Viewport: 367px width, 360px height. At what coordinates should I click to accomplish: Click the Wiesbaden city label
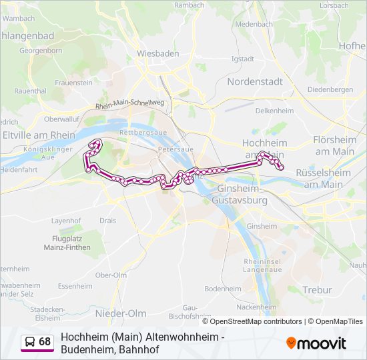158,53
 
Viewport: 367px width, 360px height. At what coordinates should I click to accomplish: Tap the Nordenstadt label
255,81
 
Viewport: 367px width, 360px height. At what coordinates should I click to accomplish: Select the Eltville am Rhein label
39,135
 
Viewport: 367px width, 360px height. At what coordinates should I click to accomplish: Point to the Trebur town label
316,289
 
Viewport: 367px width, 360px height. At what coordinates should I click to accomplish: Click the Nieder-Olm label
120,313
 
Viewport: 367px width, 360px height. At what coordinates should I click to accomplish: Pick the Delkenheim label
275,111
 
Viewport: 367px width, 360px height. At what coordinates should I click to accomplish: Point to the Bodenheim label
223,289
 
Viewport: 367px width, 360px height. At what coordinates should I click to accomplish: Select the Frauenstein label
73,83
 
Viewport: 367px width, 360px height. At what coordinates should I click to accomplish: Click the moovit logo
316,343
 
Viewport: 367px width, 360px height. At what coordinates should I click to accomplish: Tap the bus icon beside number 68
29,342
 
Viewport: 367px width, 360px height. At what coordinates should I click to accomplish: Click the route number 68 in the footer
45,342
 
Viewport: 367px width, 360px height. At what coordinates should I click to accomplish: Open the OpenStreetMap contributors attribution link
247,321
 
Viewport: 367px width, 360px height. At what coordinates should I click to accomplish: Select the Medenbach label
254,24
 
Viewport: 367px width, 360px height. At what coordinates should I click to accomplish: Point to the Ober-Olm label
111,275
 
